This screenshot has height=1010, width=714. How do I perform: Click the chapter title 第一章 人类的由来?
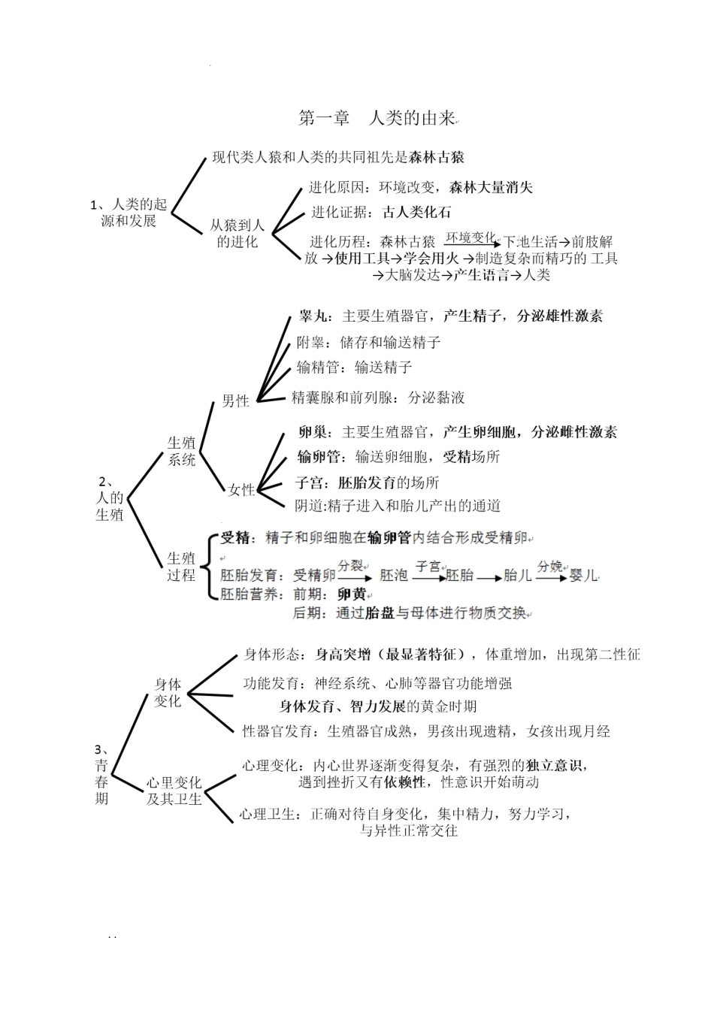coord(377,119)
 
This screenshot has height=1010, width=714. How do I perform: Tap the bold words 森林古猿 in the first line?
coord(437,157)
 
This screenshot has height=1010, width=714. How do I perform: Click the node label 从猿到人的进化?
coord(237,233)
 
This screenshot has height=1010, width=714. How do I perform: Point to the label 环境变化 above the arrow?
coord(470,237)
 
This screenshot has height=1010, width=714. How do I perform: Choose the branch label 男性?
coord(235,401)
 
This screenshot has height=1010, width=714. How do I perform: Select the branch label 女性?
coord(241,490)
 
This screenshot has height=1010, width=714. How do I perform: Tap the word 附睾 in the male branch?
coord(310,343)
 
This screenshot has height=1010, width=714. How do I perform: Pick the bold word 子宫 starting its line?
coord(309,482)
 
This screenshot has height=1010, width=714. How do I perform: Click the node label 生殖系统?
coord(181,451)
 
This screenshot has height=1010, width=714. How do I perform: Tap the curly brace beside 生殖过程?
coord(210,566)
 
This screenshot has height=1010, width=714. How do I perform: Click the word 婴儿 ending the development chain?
coord(584,575)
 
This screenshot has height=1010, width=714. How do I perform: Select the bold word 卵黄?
coord(351,594)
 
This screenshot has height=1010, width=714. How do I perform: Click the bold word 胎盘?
coord(380,613)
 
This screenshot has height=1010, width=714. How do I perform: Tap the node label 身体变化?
coord(168,692)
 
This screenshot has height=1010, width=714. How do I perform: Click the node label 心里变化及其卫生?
coord(174,791)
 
